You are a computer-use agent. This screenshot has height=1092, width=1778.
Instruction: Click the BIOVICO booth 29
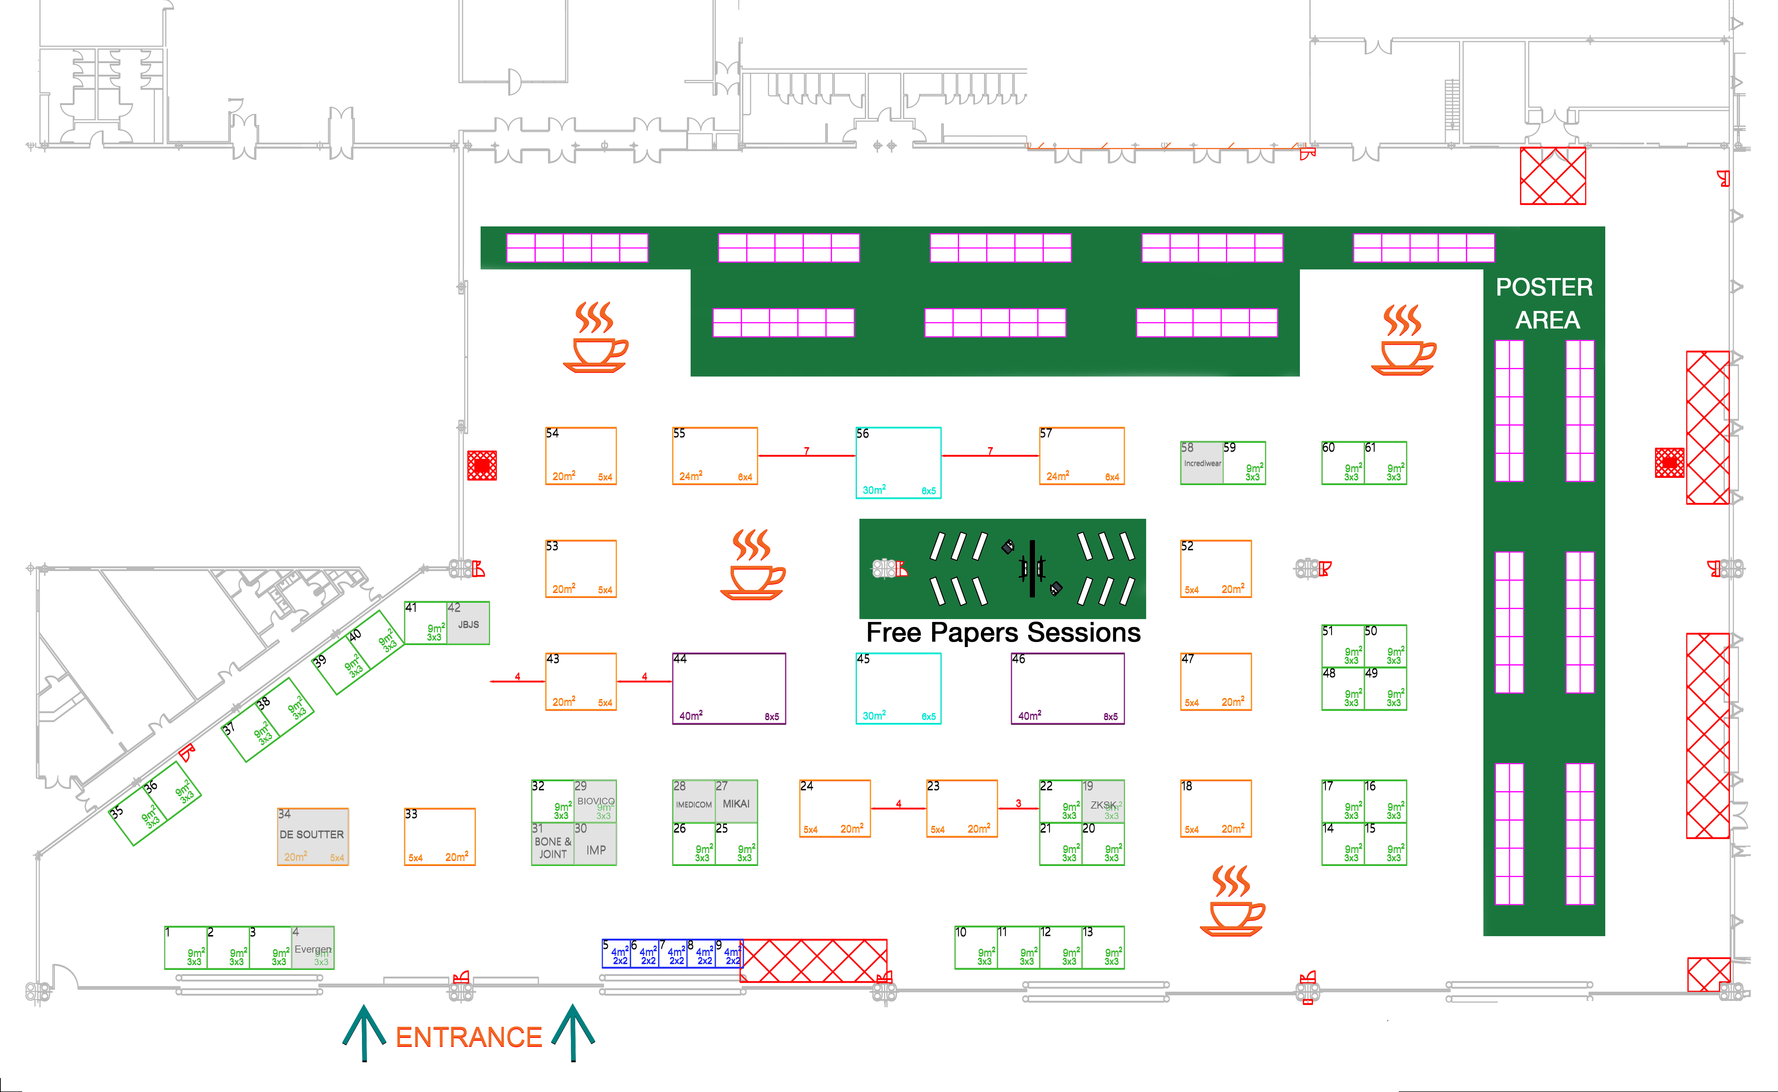[595, 800]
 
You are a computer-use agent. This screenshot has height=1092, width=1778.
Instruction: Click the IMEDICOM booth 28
[693, 802]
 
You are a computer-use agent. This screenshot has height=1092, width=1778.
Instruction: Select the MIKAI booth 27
[736, 802]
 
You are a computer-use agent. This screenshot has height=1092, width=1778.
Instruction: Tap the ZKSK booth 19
[1103, 802]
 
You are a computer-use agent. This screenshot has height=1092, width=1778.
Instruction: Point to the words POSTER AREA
[1545, 303]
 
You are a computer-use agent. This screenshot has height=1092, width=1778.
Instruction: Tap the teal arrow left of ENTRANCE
[363, 1031]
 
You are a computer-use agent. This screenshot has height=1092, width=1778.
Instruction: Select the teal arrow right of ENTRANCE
[573, 1031]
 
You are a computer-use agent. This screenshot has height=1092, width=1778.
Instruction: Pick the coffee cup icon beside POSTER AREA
[1403, 339]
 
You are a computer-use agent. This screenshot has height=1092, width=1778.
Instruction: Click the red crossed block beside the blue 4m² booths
[814, 961]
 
